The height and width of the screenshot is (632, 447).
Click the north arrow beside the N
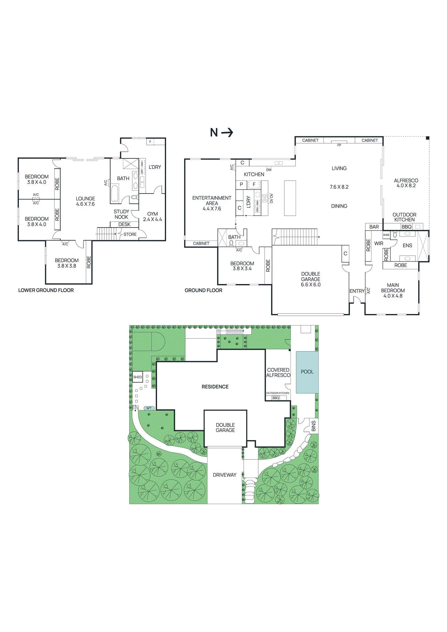pos(227,132)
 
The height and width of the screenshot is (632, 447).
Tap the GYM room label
pos(153,214)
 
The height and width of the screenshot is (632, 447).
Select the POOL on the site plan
pos(307,372)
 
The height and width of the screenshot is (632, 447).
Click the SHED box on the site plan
pos(138,377)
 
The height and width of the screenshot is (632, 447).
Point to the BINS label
pos(313,426)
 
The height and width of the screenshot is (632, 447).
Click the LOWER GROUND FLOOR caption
pos(46,290)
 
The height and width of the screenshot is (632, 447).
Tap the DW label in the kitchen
pos(269,170)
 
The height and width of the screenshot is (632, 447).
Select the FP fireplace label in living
pos(339,145)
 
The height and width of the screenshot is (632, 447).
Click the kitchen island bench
pos(290,198)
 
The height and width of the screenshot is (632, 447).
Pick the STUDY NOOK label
pos(121,214)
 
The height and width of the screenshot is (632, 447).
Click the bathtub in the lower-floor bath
pos(115,193)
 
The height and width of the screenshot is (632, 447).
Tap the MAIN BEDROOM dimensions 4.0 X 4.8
pos(393,296)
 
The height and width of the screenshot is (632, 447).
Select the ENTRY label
pos(357,291)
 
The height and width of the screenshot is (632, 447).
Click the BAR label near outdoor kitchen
pos(374,227)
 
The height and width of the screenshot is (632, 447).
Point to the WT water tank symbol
pos(149,408)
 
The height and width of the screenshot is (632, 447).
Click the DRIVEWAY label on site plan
pos(224,475)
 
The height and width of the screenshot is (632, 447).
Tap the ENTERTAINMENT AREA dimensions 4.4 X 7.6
pos(212,209)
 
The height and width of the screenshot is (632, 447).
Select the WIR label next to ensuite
pos(379,244)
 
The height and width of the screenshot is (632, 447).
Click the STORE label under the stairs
pos(130,234)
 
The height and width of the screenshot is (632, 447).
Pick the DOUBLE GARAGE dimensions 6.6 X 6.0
pos(311,284)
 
